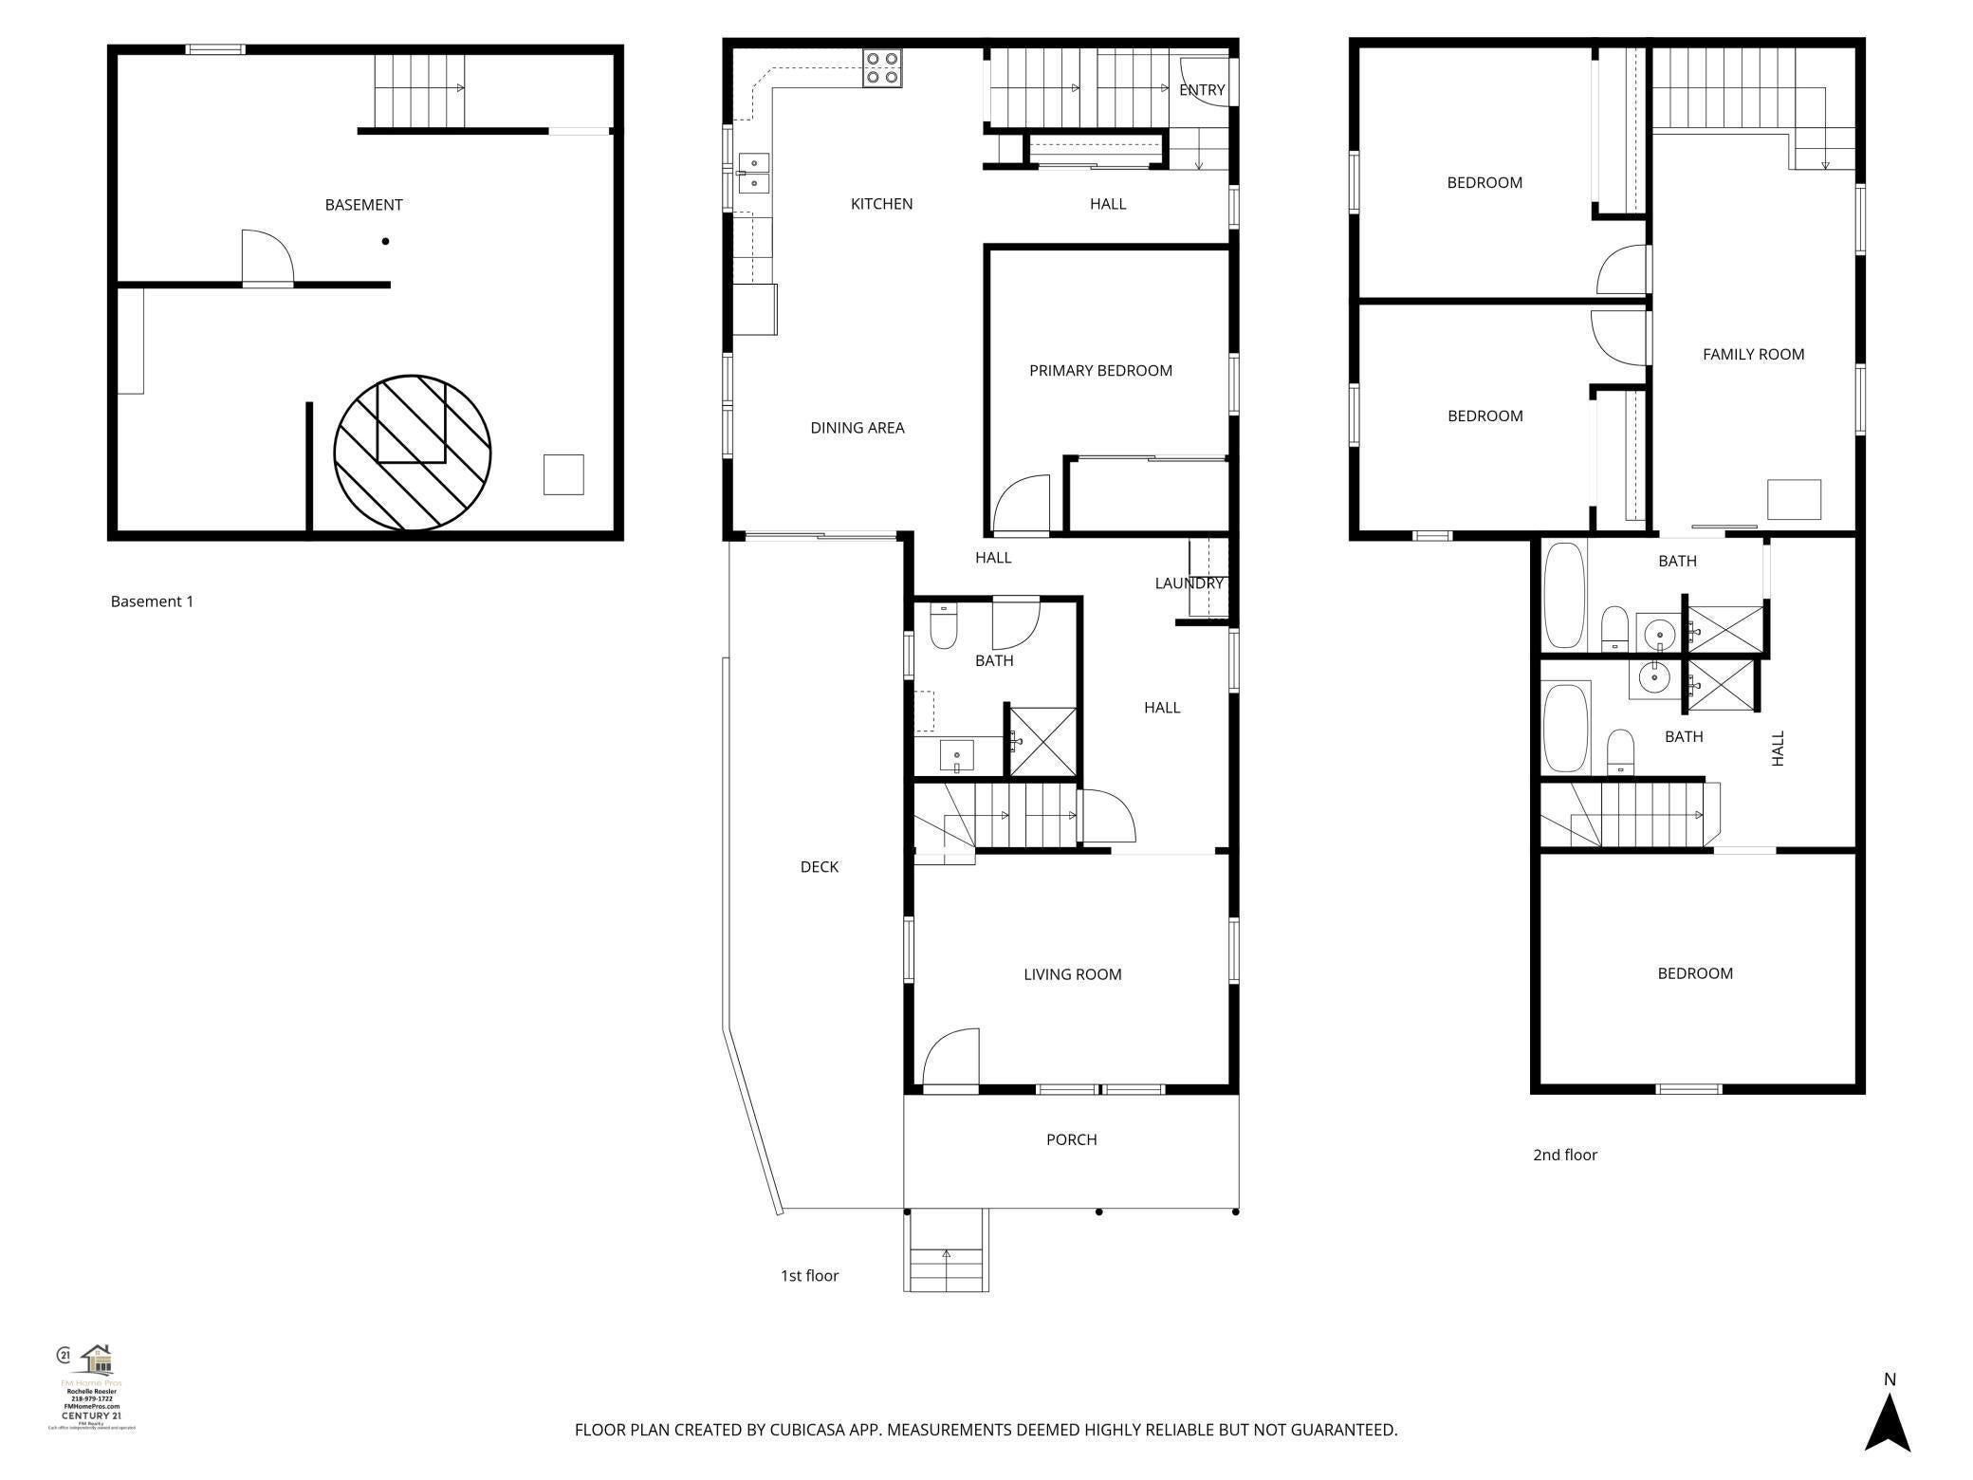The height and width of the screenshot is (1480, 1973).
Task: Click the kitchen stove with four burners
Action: pos(881,69)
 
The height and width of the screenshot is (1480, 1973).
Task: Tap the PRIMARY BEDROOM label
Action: pos(1100,371)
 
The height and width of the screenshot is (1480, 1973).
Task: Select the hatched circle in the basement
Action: pos(413,453)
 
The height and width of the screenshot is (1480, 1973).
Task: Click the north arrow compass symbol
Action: pos(1888,1417)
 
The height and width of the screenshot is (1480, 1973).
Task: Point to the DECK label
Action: pos(819,867)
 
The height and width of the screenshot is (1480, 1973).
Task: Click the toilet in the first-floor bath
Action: pos(944,627)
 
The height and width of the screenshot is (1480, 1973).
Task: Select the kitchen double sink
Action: pos(754,173)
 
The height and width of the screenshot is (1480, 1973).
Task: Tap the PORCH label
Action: pos(1071,1139)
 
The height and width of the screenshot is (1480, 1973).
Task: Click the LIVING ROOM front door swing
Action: pos(951,1057)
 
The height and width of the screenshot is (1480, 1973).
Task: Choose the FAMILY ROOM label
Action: pos(1753,355)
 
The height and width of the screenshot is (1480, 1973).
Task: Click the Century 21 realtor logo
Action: pos(92,1386)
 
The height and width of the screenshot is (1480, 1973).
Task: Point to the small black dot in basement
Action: pos(386,242)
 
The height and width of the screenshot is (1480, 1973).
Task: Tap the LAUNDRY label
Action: pos(1189,583)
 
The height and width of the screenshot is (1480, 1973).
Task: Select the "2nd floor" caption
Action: pos(1565,1155)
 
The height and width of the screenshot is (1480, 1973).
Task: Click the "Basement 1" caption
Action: pos(152,601)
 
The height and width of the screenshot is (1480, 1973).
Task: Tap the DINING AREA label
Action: pos(857,428)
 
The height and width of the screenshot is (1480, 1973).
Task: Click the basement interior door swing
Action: pos(267,256)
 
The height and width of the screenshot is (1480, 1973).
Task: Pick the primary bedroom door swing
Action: pos(1022,504)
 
